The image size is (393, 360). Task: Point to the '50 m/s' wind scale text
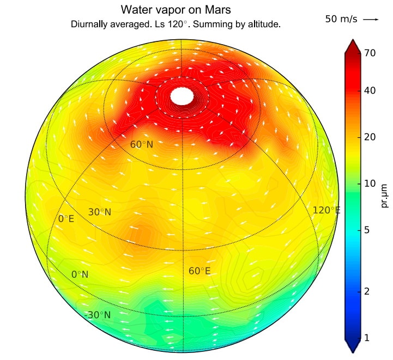pos(341,19)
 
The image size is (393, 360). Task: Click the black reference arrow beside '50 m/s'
pos(371,19)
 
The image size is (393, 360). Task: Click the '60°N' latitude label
pos(141,145)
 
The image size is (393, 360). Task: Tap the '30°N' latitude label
pos(99,212)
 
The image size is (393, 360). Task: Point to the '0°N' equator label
pos(80,275)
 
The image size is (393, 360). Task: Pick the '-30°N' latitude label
pos(98,315)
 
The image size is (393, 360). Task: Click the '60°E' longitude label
pos(199,271)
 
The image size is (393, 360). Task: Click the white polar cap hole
pos(182,96)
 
